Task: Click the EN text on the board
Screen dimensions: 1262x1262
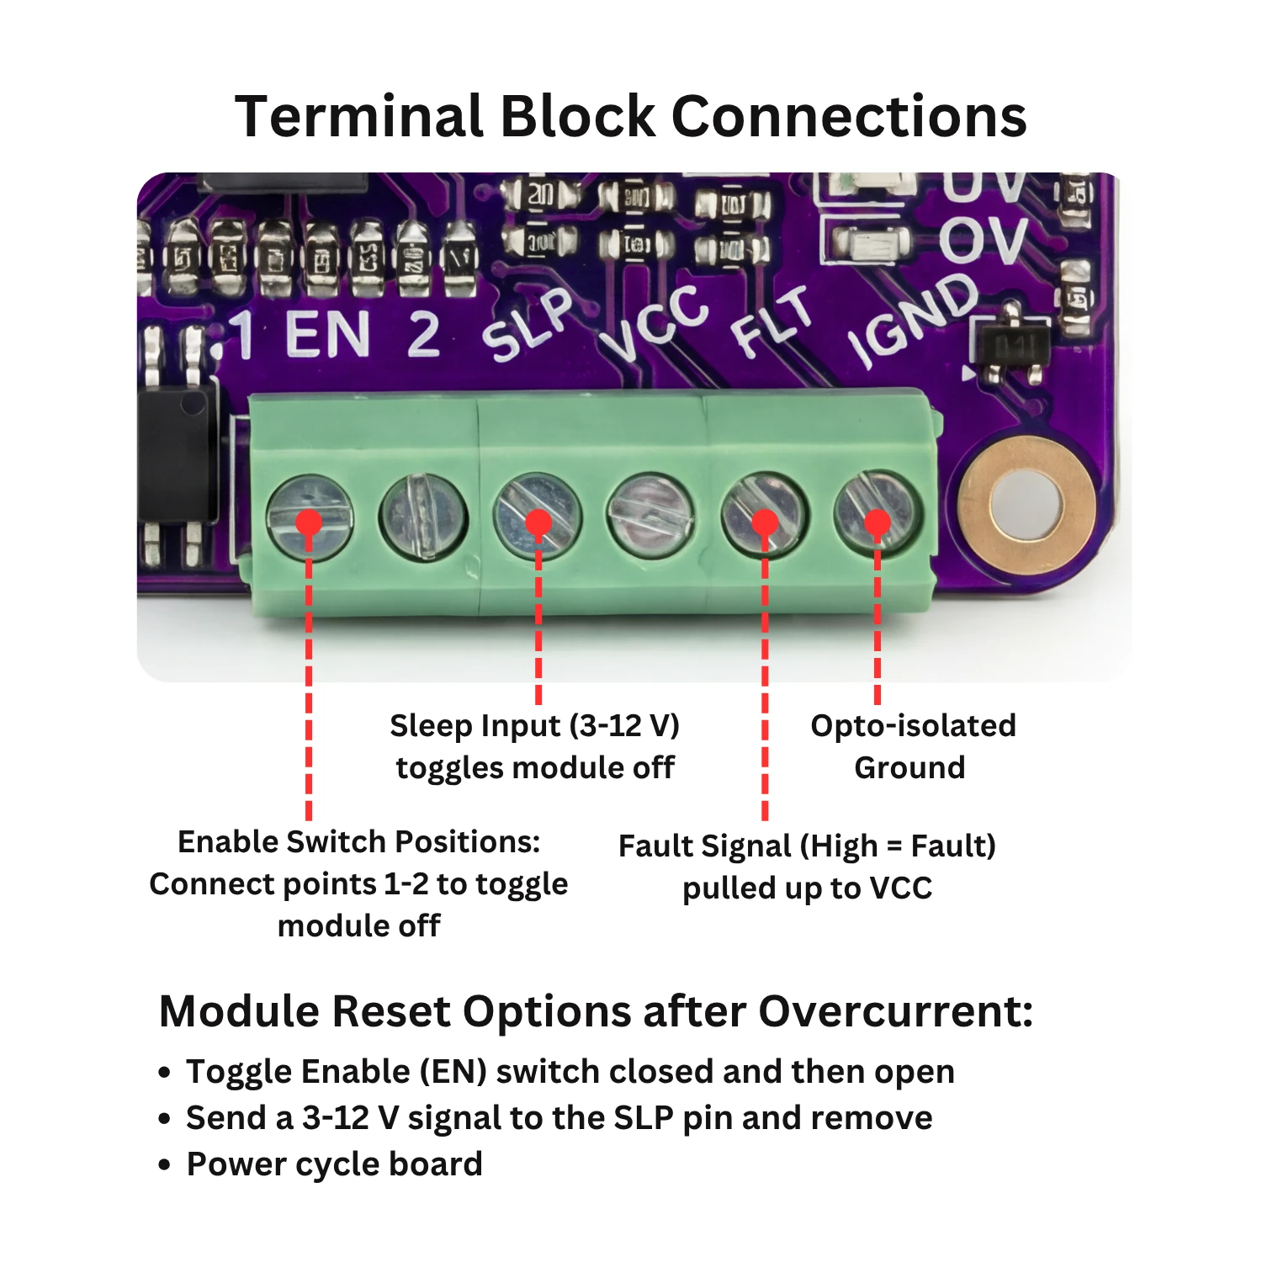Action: coord(327,334)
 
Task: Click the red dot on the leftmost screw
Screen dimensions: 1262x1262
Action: coord(309,522)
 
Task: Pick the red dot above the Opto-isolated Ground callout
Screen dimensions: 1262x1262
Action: coord(878,522)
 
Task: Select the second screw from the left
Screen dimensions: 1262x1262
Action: coord(422,516)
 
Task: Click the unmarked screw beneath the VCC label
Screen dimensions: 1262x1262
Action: coord(650,516)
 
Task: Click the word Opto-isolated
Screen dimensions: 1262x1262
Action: coord(913,725)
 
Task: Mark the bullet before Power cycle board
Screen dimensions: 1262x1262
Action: coord(165,1165)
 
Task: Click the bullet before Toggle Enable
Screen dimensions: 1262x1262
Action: coord(165,1073)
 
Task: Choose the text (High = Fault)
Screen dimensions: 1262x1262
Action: coord(897,846)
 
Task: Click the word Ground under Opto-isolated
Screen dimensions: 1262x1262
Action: coord(909,767)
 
